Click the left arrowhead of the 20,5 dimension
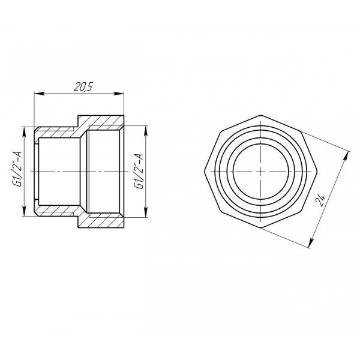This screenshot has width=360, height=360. pyautogui.click(x=37, y=94)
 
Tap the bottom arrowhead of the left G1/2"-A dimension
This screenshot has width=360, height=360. pyautogui.click(x=24, y=215)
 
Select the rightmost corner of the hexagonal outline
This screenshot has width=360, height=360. pyautogui.click(x=317, y=171)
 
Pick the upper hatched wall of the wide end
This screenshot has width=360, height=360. pyautogui.click(x=102, y=122)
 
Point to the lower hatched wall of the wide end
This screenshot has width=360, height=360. pyautogui.click(x=102, y=221)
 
